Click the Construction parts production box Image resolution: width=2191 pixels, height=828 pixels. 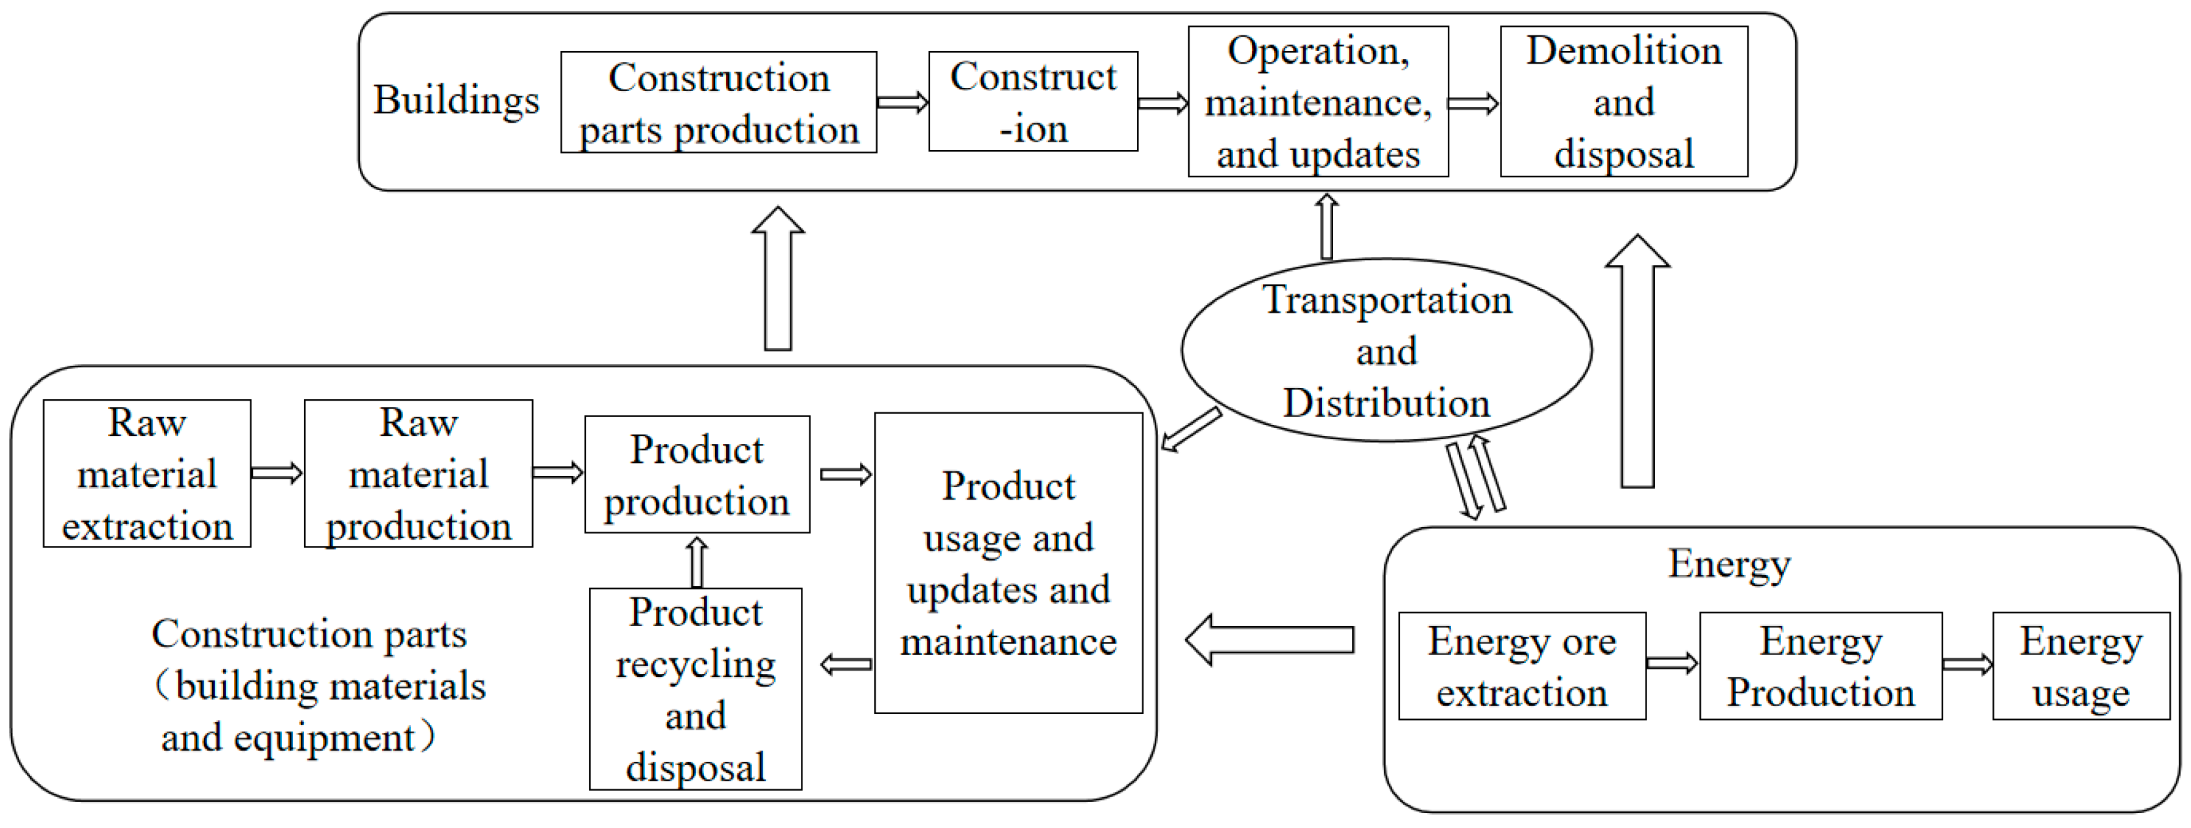[719, 102]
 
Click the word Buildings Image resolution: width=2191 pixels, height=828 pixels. [456, 100]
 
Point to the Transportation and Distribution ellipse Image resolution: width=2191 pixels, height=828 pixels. [1386, 351]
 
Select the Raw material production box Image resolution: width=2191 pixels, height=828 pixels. [417, 474]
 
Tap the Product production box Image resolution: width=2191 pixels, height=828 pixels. [697, 475]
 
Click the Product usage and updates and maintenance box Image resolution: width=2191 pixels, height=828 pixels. [1008, 563]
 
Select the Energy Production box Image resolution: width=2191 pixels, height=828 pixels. [1820, 666]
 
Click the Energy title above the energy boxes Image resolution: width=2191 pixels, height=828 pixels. [1729, 563]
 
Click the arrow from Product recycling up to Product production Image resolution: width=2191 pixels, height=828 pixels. [697, 562]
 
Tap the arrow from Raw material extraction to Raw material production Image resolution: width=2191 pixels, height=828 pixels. [277, 473]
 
